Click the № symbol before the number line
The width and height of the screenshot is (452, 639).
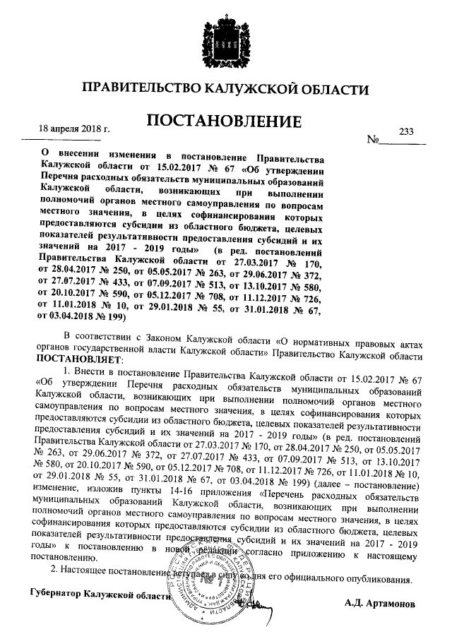(373, 141)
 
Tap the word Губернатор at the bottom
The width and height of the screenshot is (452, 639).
(52, 593)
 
